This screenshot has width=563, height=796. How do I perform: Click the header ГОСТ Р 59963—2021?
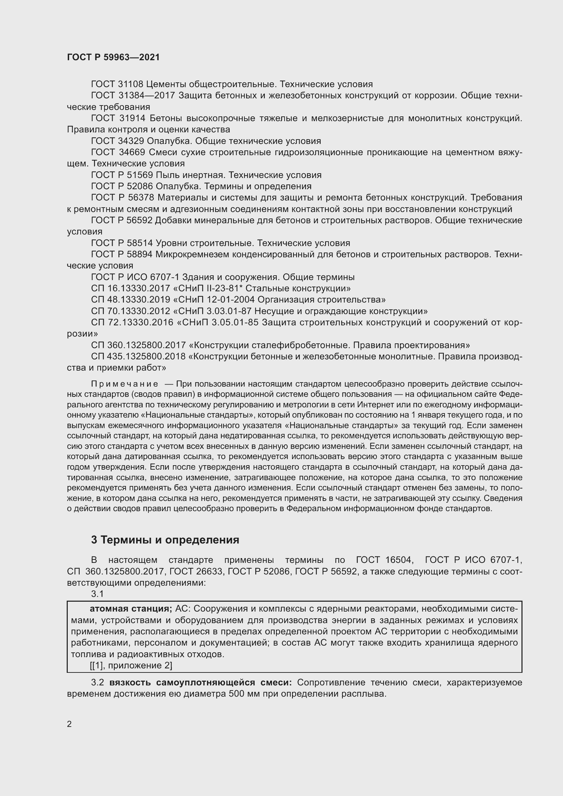pyautogui.click(x=113, y=57)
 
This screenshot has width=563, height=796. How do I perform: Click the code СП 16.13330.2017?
pyautogui.click(x=130, y=289)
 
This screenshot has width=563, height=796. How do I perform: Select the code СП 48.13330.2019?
pyautogui.click(x=130, y=300)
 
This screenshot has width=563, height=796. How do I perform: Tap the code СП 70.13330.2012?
pyautogui.click(x=130, y=311)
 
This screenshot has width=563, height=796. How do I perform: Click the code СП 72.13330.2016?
pyautogui.click(x=132, y=323)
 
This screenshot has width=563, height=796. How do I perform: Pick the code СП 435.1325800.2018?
pyautogui.click(x=138, y=357)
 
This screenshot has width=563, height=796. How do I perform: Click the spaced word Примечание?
pyautogui.click(x=125, y=384)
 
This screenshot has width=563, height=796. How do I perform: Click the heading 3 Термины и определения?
pyautogui.click(x=165, y=540)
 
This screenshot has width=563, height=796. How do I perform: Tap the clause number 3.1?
pyautogui.click(x=97, y=594)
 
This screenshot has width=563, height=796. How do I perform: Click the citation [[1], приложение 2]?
pyautogui.click(x=131, y=666)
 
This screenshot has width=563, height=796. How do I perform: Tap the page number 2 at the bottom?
pyautogui.click(x=69, y=724)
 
